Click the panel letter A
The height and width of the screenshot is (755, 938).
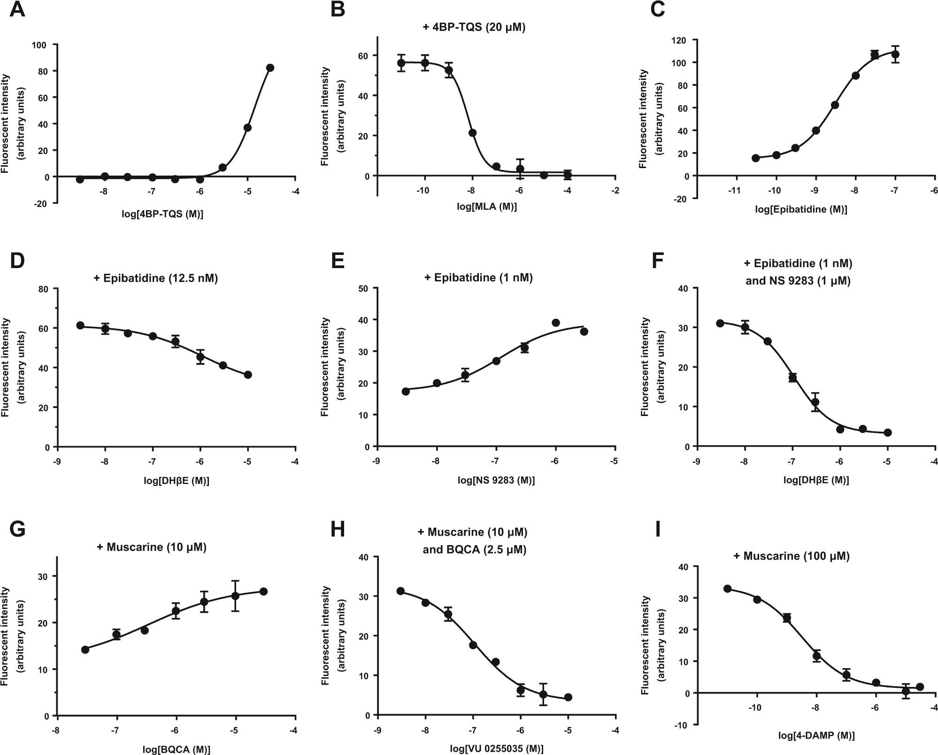click(x=17, y=9)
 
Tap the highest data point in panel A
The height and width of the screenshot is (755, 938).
click(x=270, y=68)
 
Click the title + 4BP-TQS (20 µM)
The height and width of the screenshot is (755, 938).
click(x=474, y=27)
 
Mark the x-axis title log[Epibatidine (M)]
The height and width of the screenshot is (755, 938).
click(x=801, y=209)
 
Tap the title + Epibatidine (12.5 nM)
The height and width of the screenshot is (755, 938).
click(x=156, y=278)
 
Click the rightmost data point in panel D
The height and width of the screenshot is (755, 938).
click(x=248, y=375)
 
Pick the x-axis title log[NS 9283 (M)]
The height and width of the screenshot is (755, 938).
click(x=497, y=480)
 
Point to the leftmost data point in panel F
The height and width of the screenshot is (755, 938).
click(x=720, y=323)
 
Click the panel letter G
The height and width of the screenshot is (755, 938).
click(x=18, y=529)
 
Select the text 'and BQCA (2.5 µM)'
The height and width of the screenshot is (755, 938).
click(x=475, y=550)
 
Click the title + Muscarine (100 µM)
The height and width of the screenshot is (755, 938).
click(x=792, y=556)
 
